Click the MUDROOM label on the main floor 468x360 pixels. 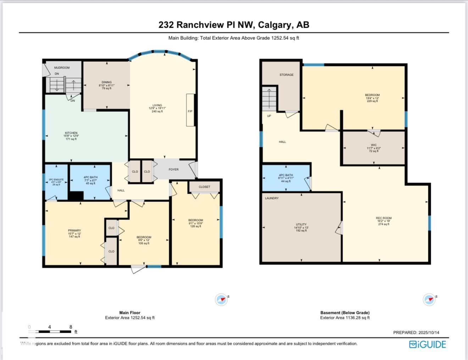[62, 67]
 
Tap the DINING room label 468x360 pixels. [106, 82]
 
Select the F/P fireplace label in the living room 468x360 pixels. [190, 111]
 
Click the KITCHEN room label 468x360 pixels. [71, 133]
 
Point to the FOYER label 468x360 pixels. [173, 170]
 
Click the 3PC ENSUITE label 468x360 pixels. [56, 180]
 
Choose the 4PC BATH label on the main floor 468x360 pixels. [90, 177]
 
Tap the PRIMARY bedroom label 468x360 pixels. [74, 231]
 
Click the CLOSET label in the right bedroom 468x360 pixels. [204, 187]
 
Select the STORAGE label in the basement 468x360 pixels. [286, 75]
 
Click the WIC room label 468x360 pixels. [374, 145]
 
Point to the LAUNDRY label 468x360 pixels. [272, 198]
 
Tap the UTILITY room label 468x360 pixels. [301, 225]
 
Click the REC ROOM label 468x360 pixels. [384, 218]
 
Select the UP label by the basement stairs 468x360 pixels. [269, 116]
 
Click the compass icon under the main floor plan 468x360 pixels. [222, 300]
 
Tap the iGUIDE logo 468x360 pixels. [427, 344]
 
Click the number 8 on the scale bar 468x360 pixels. [71, 327]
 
